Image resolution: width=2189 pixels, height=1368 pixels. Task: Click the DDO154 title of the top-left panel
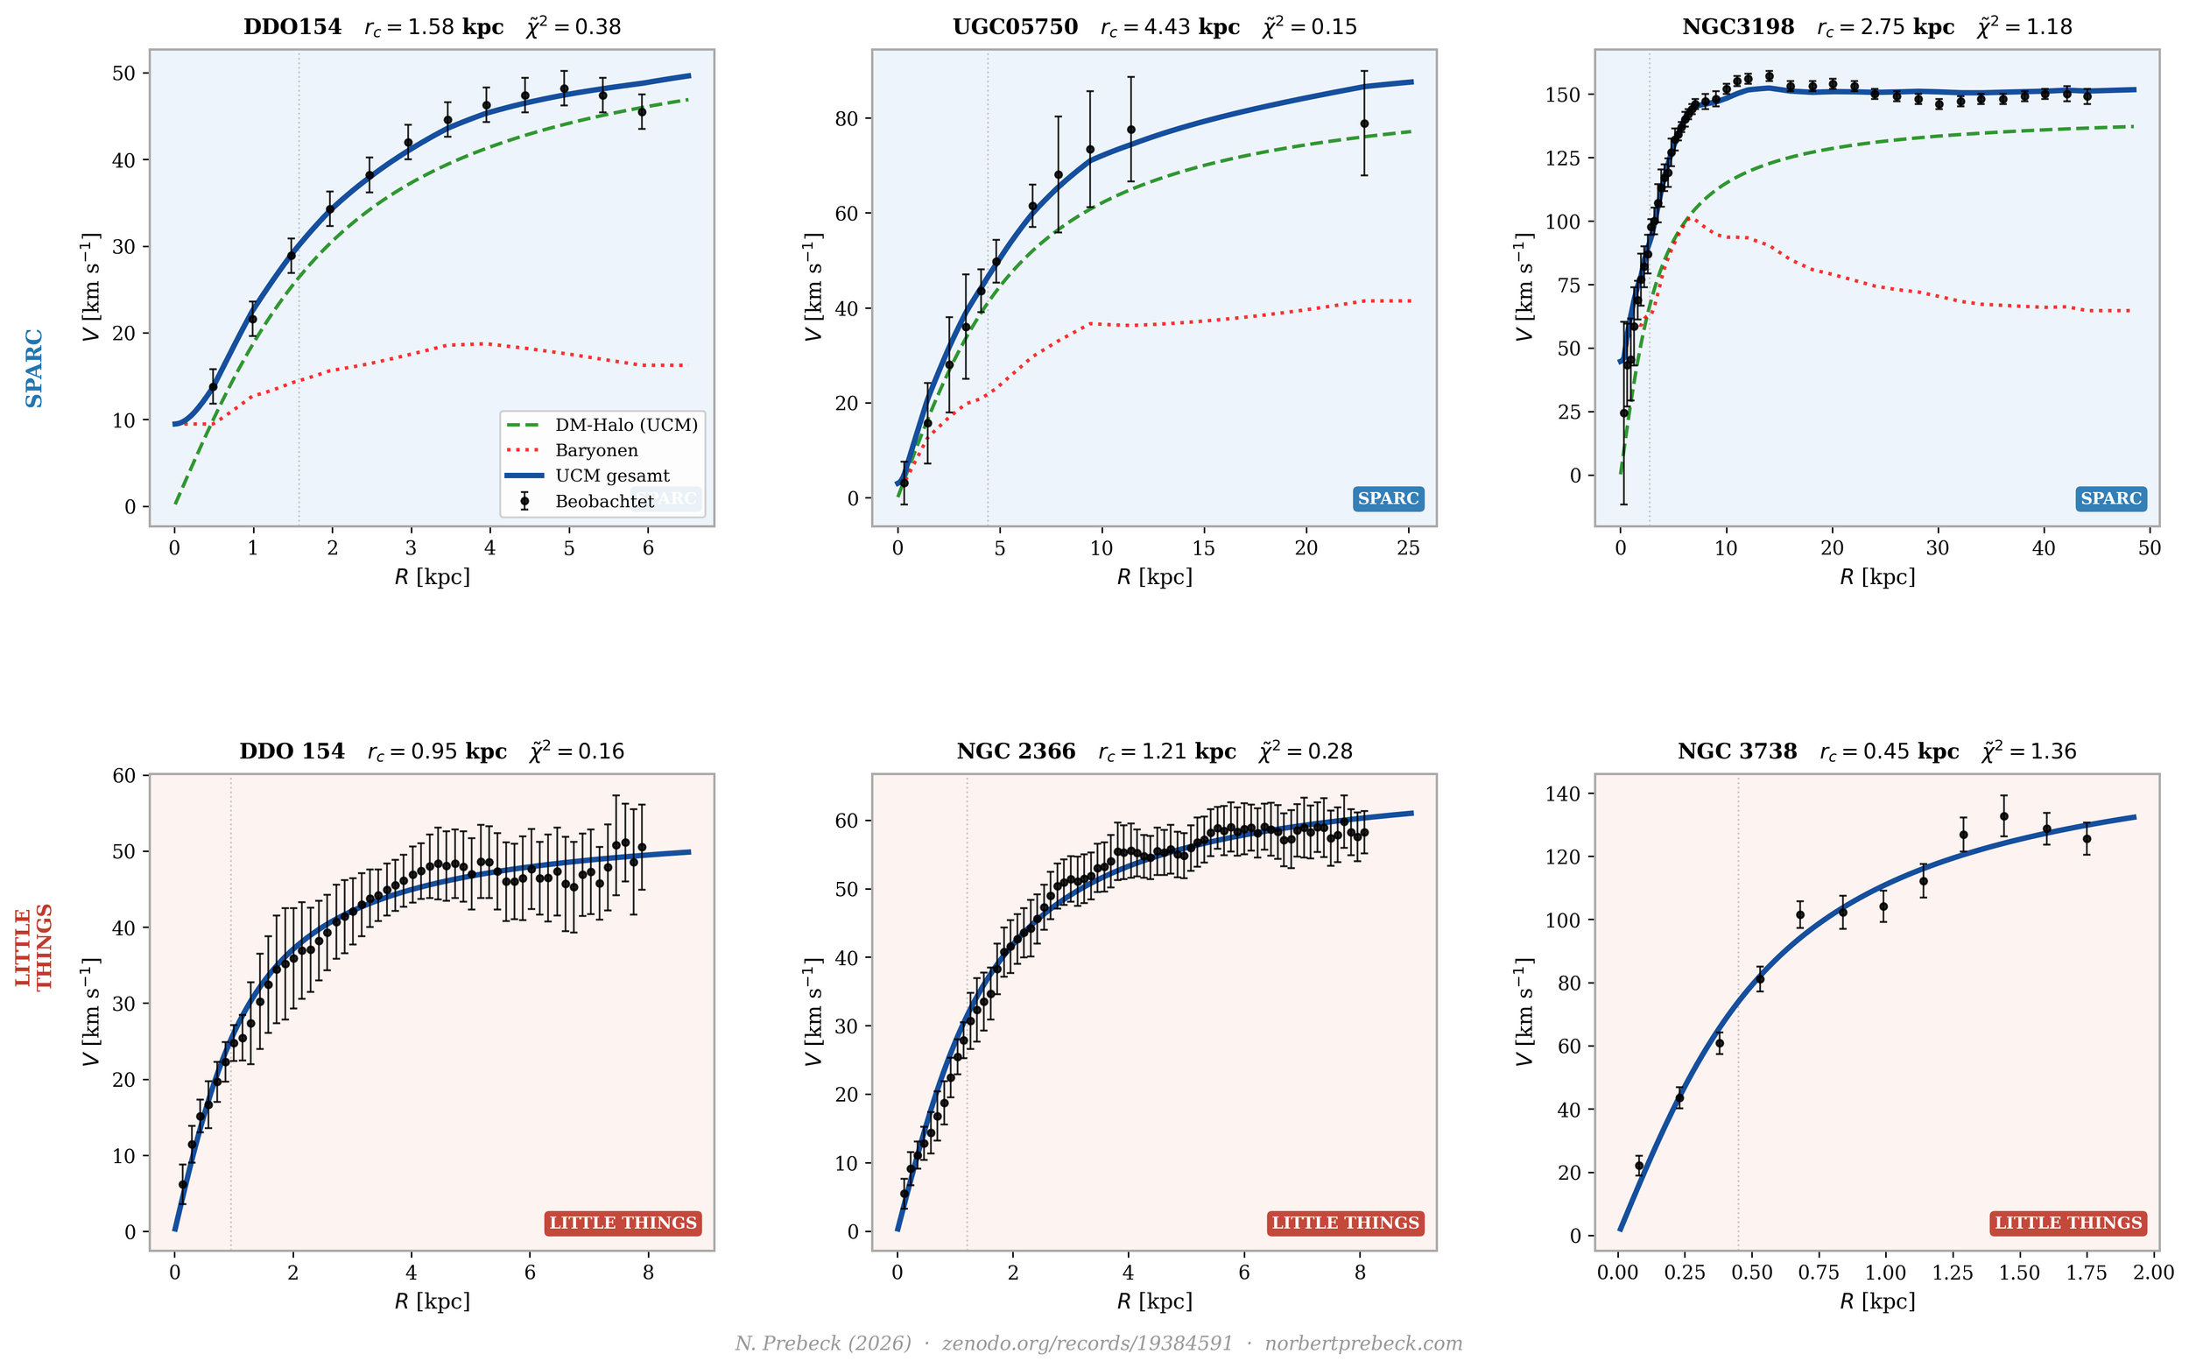click(292, 27)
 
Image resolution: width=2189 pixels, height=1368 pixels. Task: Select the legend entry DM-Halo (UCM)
click(626, 425)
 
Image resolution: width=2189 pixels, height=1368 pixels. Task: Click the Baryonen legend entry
click(596, 449)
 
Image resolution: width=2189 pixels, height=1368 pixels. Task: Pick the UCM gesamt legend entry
click(612, 475)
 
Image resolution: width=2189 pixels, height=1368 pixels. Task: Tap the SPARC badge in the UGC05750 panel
click(1388, 497)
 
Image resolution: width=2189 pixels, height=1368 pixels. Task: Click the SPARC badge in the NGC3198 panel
click(2110, 497)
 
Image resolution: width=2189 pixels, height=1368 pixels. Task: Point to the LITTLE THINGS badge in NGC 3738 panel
click(2068, 1223)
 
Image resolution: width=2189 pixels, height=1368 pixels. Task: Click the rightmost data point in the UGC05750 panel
click(1364, 124)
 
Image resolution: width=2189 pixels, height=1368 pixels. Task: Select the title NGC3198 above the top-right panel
click(1738, 27)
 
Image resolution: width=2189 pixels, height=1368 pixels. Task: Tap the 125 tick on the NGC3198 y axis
click(1563, 159)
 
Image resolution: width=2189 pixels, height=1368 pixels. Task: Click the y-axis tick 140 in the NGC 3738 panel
click(1565, 793)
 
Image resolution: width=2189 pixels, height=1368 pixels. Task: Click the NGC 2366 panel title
click(1016, 751)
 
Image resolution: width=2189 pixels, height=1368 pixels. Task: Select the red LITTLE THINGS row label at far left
click(33, 948)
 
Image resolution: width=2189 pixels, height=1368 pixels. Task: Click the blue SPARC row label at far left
click(33, 368)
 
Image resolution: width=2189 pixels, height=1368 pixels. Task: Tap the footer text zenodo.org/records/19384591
click(1087, 1343)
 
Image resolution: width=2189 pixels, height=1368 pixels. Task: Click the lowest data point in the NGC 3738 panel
click(1638, 1167)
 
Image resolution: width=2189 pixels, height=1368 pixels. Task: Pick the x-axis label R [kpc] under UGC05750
click(1154, 576)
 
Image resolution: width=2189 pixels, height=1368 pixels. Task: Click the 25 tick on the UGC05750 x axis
click(1408, 548)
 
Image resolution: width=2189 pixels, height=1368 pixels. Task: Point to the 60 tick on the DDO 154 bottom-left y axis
click(125, 775)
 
